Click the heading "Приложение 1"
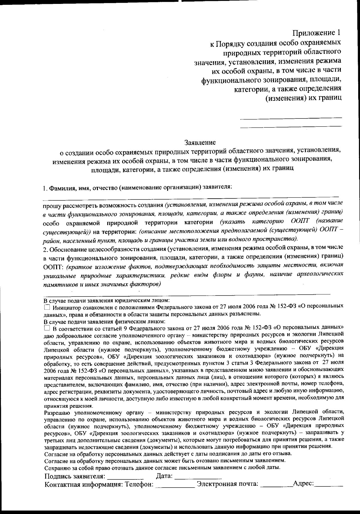click(x=317, y=32)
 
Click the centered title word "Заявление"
click(x=200, y=142)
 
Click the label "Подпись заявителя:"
click(x=75, y=476)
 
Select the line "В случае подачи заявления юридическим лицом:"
click(x=107, y=300)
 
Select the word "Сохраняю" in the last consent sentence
click(x=56, y=468)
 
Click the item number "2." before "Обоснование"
click(x=46, y=250)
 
